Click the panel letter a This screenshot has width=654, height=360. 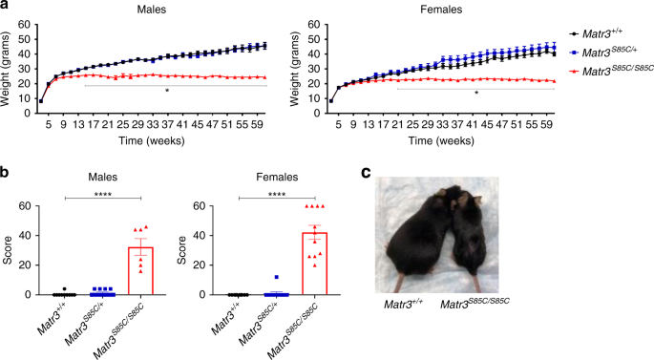tap(6, 8)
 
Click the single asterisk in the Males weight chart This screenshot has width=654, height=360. tap(167, 92)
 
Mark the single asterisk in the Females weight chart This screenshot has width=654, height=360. tap(475, 93)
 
